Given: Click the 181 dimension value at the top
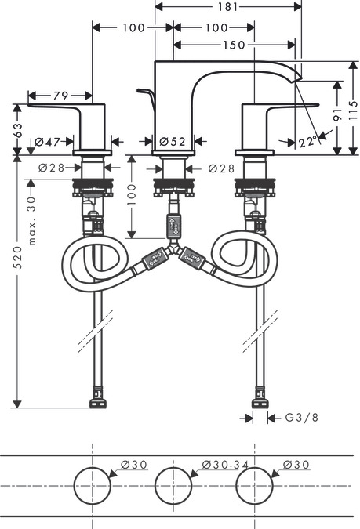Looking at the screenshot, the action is pyautogui.click(x=227, y=6).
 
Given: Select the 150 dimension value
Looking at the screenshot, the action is pyautogui.click(x=234, y=45).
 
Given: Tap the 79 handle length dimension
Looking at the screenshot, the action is pyautogui.click(x=60, y=96).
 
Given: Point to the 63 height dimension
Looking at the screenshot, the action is pyautogui.click(x=18, y=129).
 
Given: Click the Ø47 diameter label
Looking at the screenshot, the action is pyautogui.click(x=47, y=142).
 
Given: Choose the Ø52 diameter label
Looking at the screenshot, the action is pyautogui.click(x=173, y=142).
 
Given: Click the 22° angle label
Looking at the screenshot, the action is pyautogui.click(x=307, y=142).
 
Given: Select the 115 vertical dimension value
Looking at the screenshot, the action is pyautogui.click(x=353, y=109).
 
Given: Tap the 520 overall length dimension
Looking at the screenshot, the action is pyautogui.click(x=18, y=257).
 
